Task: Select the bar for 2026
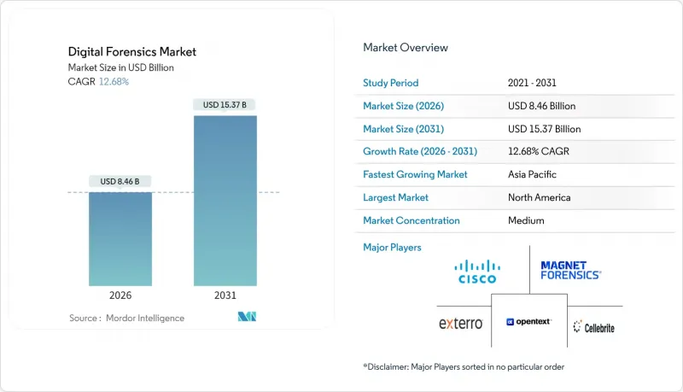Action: (x=120, y=239)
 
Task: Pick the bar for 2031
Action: (x=225, y=201)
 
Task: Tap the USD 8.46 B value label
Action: (x=120, y=181)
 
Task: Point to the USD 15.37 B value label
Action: (x=225, y=105)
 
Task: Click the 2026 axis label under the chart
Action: (x=120, y=295)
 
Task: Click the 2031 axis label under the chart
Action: (x=225, y=295)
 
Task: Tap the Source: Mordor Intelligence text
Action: (x=126, y=318)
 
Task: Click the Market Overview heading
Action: (x=406, y=48)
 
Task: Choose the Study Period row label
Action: (x=392, y=83)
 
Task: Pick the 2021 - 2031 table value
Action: (x=534, y=83)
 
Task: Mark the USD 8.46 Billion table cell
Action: (x=540, y=106)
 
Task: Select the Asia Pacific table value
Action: (x=534, y=174)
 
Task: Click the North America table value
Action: (x=539, y=197)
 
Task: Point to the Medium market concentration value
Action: (x=525, y=220)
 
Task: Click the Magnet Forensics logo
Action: (x=571, y=271)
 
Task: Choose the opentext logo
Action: (x=530, y=323)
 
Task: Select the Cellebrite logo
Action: (x=594, y=326)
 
